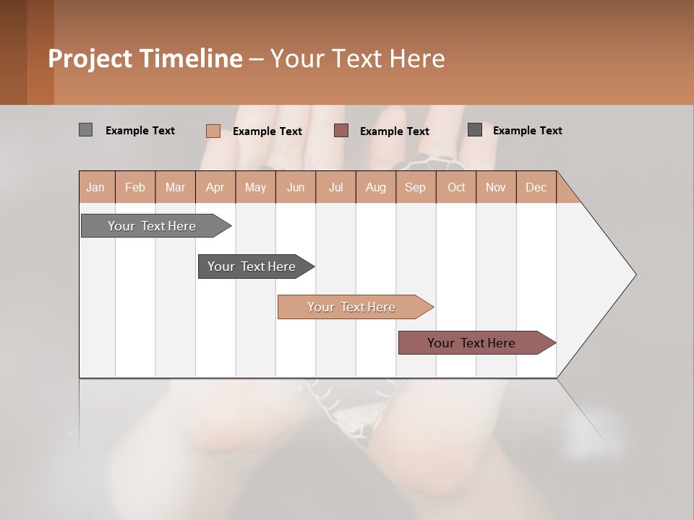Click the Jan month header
point(95,188)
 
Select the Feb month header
point(135,188)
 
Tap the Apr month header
point(215,188)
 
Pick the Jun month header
point(296,188)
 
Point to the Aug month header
point(375,188)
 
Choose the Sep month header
point(415,188)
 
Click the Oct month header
point(456,188)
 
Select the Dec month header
point(536,188)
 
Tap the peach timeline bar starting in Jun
point(352,307)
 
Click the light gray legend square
point(85,130)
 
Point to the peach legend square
point(213,131)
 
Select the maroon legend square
point(341,131)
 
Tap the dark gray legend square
point(475,130)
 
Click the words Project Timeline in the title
point(145,58)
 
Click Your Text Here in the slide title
point(358,58)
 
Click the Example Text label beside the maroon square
point(394,131)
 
